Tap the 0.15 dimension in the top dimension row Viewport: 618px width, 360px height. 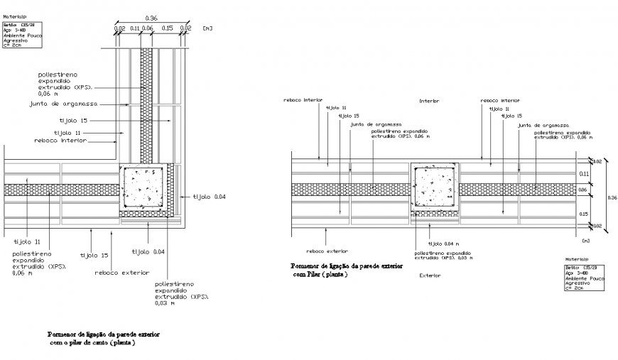[168, 28]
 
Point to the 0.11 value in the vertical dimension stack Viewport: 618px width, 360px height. [585, 173]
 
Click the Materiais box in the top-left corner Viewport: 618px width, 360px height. [23, 35]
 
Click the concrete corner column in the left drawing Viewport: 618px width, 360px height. [144, 188]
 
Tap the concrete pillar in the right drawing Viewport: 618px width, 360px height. [435, 187]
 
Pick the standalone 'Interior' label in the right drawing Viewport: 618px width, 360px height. [429, 101]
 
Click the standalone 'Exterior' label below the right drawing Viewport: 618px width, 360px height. [430, 275]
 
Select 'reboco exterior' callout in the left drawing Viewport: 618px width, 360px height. [125, 272]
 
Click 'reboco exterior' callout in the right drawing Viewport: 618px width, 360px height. [327, 251]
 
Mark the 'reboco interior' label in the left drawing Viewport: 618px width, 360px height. [60, 141]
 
